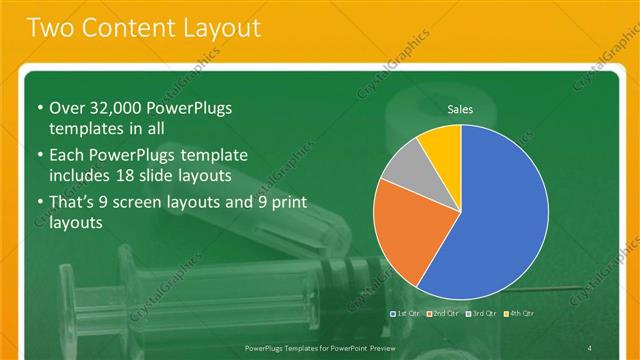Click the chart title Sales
460,109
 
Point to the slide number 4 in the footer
590,346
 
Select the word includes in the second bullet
81,176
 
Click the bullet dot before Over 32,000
39,109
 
